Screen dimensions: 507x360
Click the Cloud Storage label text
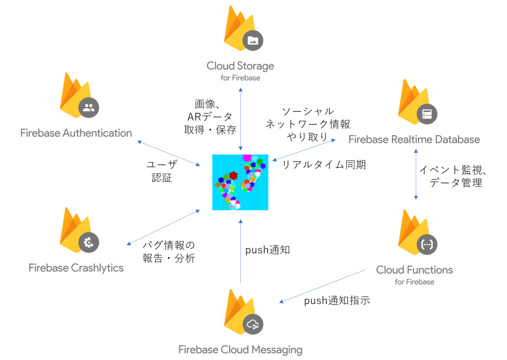(240, 66)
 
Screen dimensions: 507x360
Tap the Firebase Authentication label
(76, 133)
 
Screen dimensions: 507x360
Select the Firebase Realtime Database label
(414, 139)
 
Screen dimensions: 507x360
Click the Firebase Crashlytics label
(76, 268)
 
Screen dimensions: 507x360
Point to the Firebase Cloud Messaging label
(240, 350)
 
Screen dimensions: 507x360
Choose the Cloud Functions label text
(414, 270)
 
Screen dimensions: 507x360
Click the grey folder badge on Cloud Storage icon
(253, 41)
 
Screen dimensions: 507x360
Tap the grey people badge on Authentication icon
(89, 108)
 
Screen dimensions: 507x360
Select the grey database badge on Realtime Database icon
(427, 114)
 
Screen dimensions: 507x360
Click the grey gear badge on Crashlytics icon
(89, 243)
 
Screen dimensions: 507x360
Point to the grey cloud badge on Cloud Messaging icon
(253, 325)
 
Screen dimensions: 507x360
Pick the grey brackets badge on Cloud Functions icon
(427, 245)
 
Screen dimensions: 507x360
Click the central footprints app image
(240, 182)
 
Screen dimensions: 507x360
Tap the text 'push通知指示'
(337, 300)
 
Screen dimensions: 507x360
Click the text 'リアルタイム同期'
(324, 165)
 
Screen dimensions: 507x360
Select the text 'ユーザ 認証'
(162, 171)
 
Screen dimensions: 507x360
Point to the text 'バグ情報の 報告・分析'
(169, 251)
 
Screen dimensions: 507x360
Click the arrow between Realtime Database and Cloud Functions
(416, 175)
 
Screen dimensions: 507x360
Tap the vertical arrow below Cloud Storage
(240, 119)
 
